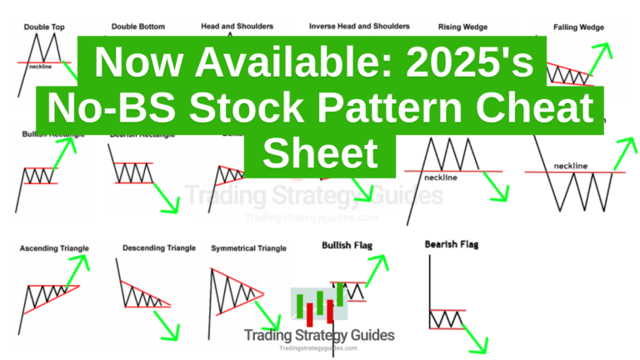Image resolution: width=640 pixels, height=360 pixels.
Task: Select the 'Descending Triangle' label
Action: [159, 248]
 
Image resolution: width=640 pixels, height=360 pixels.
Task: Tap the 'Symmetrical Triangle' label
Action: [249, 248]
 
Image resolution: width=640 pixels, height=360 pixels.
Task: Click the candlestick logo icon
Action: [319, 307]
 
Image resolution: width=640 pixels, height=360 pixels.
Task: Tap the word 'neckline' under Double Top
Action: [40, 67]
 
